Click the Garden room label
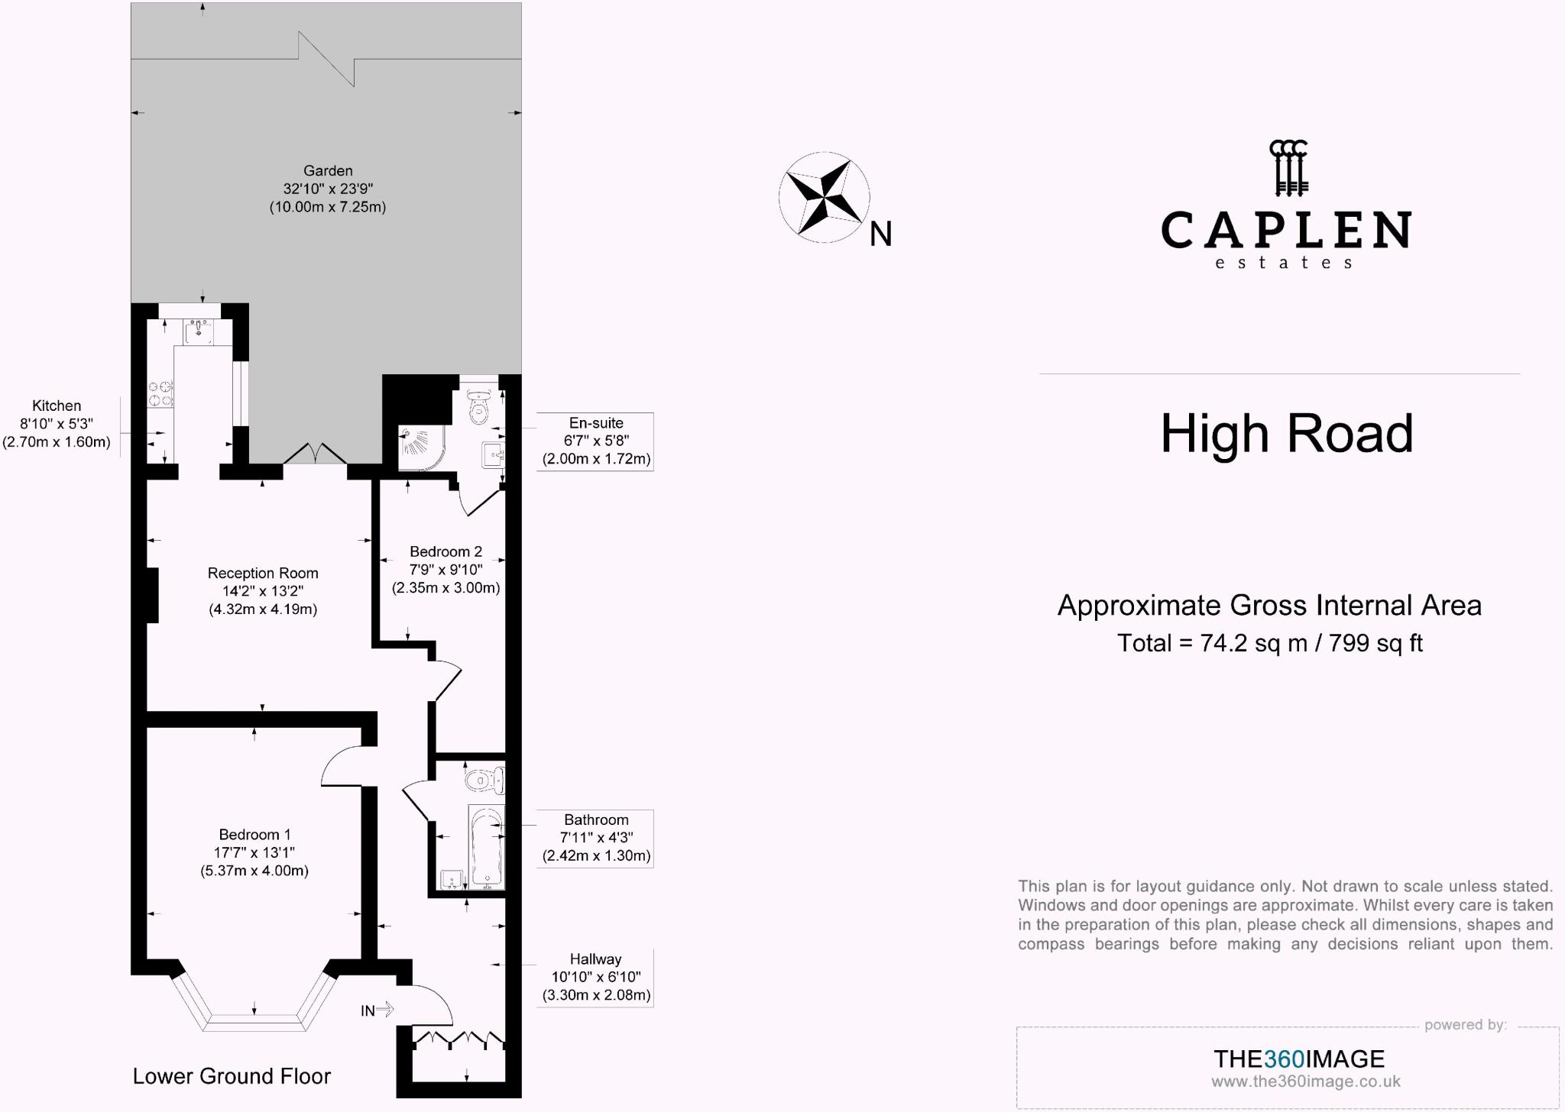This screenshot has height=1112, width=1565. click(328, 170)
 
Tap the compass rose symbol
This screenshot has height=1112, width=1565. click(824, 197)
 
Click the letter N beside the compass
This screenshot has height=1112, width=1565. click(881, 234)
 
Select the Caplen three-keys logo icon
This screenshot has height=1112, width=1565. click(1288, 167)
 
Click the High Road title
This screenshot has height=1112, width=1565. click(1287, 433)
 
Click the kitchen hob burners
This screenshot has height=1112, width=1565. click(160, 393)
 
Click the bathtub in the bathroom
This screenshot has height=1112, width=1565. click(486, 847)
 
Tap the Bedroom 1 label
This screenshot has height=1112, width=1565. click(254, 835)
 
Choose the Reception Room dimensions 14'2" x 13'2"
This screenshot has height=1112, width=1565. click(263, 591)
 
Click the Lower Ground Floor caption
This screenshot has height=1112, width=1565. click(232, 1076)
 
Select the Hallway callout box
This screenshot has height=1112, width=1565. click(595, 978)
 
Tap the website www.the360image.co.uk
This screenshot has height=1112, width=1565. click(1306, 1081)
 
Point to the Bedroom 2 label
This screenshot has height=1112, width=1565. click(446, 551)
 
